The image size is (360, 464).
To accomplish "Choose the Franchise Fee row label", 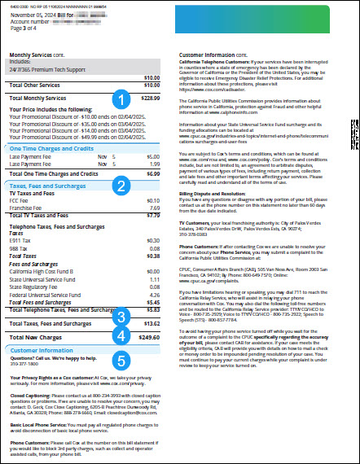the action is click(27, 208).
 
